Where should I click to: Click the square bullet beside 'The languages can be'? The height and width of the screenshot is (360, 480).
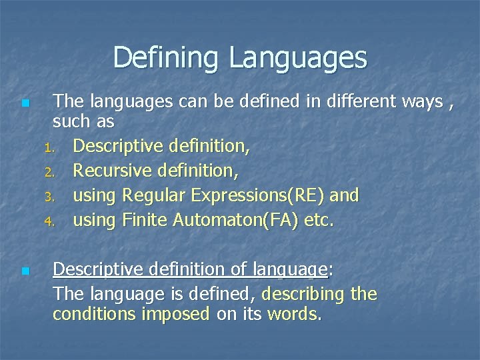pos(25,103)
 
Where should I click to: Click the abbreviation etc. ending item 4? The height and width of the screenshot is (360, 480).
pos(319,219)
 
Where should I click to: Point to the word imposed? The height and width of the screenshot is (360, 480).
pos(177,314)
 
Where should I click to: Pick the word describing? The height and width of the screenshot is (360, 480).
pos(304,294)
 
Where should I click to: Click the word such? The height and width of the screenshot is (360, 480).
pos(71,122)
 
